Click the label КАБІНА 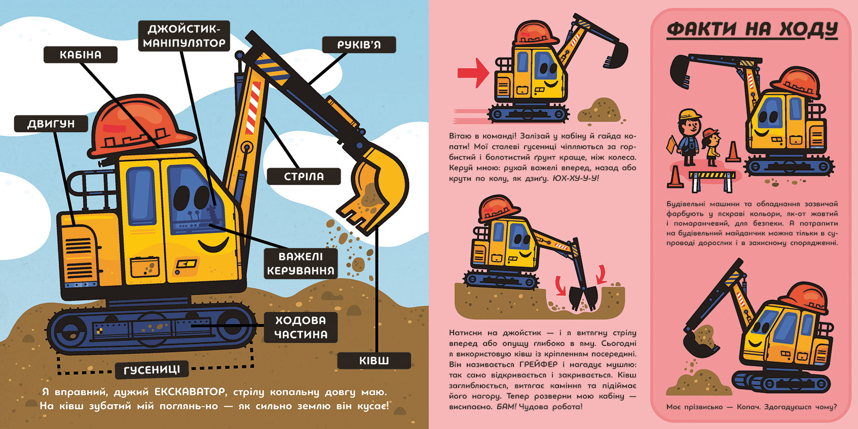(81, 55)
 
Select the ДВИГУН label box (51, 124)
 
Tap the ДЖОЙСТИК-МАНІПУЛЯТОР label (184, 36)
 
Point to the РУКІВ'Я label (359, 45)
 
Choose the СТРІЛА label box (304, 176)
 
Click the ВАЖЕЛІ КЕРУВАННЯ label (301, 264)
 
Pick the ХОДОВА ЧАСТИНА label (301, 328)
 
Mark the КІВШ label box (374, 361)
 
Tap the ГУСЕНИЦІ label (152, 370)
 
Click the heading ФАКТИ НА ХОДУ (752, 29)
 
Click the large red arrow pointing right (473, 73)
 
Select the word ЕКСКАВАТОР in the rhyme (190, 392)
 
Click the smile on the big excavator (213, 245)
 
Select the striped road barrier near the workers (712, 180)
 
